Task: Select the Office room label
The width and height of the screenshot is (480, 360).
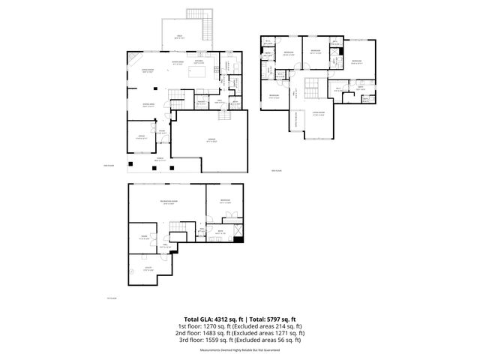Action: point(141,136)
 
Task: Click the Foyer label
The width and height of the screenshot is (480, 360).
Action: point(161,132)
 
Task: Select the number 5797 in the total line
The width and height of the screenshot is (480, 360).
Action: point(274,318)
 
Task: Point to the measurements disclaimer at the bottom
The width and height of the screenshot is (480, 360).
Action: point(239,350)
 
